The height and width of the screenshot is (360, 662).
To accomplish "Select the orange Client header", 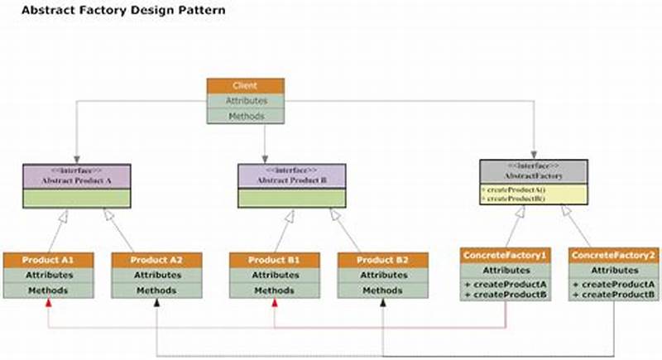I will [245, 85].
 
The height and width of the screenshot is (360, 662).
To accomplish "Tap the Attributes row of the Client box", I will [245, 100].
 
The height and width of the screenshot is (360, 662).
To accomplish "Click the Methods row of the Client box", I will [245, 116].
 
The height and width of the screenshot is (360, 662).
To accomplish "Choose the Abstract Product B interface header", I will [292, 175].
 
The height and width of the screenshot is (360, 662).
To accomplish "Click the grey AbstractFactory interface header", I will [534, 171].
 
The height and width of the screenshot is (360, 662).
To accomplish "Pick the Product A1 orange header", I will [46, 260].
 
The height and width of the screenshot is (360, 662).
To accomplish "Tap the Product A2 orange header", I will [156, 260].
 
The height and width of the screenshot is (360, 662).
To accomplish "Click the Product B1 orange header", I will [273, 260].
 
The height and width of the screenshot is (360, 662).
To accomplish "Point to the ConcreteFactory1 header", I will [505, 255].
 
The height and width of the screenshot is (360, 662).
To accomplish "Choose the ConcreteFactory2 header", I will [613, 255].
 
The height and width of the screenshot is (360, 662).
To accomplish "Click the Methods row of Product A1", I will [46, 290].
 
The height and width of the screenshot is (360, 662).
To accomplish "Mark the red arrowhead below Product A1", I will [49, 304].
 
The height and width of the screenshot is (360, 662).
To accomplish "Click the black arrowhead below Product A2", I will [156, 304].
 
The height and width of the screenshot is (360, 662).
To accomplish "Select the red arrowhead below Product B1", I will [273, 304].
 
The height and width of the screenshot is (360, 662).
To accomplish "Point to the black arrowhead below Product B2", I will [382, 304].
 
